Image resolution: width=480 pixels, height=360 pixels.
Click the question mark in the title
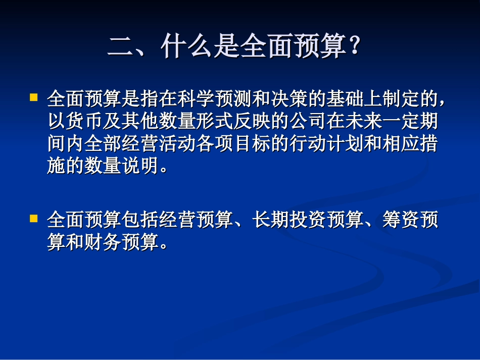click(355, 47)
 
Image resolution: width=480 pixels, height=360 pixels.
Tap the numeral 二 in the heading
click(120, 48)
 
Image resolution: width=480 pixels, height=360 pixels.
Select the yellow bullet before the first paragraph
click(34, 96)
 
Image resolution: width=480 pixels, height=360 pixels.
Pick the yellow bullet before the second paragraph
click(34, 219)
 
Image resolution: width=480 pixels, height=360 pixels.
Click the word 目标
click(252, 144)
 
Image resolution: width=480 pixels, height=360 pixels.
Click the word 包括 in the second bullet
click(140, 221)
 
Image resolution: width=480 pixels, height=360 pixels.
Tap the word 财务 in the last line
click(103, 243)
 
